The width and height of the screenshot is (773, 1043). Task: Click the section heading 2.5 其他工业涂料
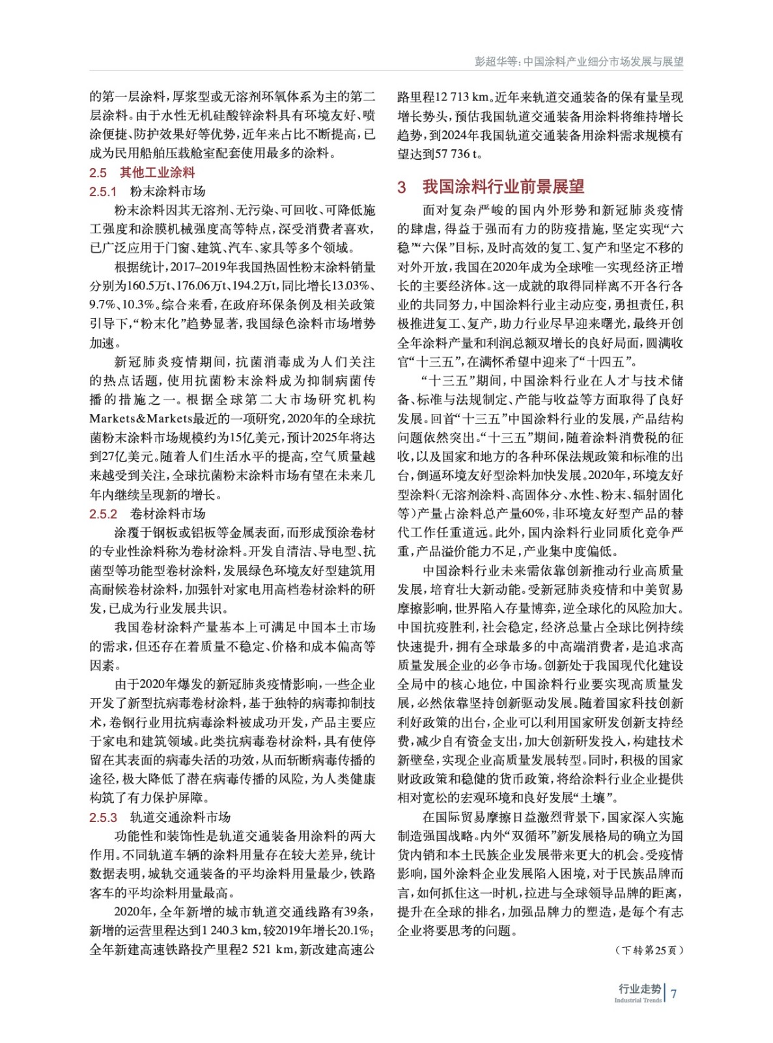[x=142, y=173]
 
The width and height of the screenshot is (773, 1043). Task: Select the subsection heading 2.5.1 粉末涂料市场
[x=147, y=192]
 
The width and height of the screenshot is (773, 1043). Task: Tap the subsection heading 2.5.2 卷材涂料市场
[x=147, y=514]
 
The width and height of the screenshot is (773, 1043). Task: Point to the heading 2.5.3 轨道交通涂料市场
[x=160, y=817]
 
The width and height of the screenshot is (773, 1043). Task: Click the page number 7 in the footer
[x=674, y=993]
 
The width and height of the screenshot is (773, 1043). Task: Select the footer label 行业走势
[x=639, y=989]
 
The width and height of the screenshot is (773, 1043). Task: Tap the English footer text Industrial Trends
[x=638, y=1001]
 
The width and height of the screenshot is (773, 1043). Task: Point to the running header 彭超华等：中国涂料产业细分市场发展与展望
[x=579, y=62]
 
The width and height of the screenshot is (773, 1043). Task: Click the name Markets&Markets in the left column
[x=141, y=419]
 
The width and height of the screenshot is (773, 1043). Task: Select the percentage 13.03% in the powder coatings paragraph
[x=350, y=286]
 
